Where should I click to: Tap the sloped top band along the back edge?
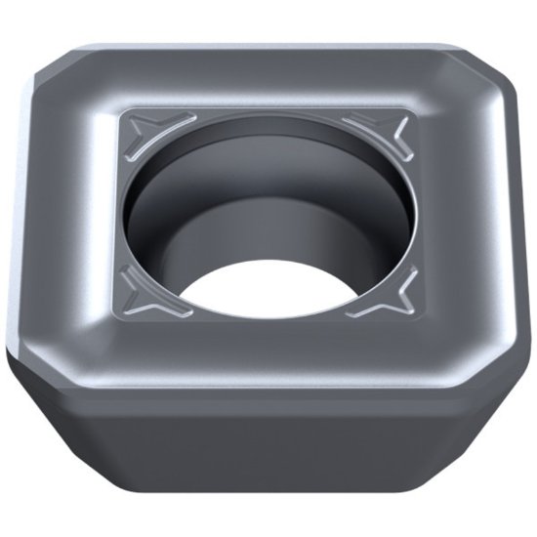tap(268, 73)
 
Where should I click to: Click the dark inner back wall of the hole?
tap(268, 195)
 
